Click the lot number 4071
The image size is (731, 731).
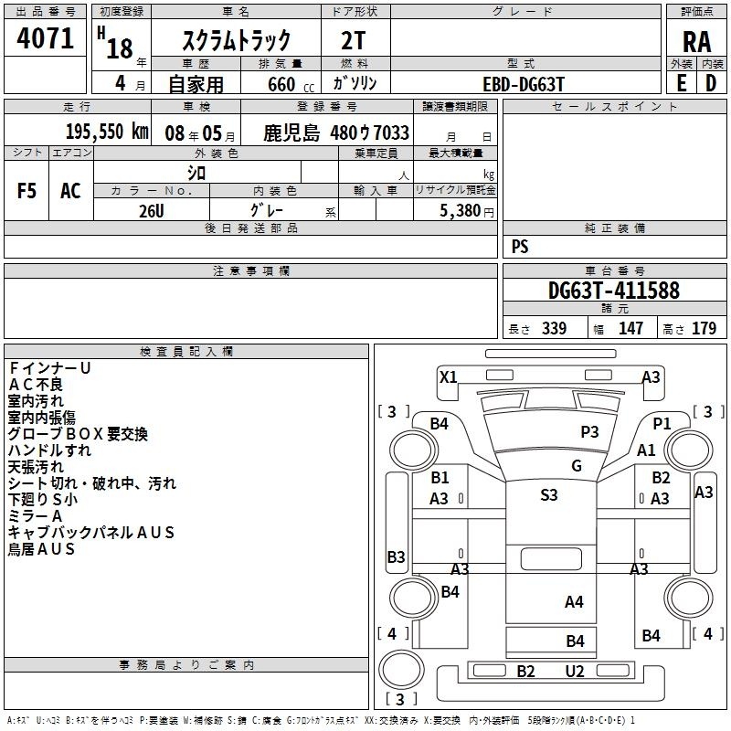click(x=45, y=38)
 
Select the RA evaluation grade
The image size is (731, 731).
click(x=696, y=42)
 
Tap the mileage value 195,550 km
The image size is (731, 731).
click(x=107, y=132)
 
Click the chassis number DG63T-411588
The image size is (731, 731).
click(x=614, y=290)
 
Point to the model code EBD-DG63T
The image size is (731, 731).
click(x=524, y=84)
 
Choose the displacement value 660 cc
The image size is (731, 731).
click(x=291, y=84)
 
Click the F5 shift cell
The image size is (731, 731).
click(x=26, y=191)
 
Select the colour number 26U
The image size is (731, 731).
click(x=152, y=211)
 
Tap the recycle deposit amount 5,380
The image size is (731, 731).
click(x=461, y=210)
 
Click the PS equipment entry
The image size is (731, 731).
click(x=520, y=246)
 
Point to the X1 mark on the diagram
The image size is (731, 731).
click(x=449, y=376)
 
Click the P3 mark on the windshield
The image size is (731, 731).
click(x=589, y=431)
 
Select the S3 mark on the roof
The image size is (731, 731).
click(x=549, y=494)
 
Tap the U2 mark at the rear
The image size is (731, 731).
click(x=575, y=672)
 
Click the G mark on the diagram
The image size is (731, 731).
click(x=577, y=465)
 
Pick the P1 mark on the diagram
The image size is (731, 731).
click(x=662, y=423)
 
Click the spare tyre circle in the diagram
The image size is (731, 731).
click(x=401, y=670)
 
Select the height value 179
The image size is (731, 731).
click(x=704, y=328)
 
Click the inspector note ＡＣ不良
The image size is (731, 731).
click(x=35, y=384)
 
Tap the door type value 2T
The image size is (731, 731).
click(x=353, y=41)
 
